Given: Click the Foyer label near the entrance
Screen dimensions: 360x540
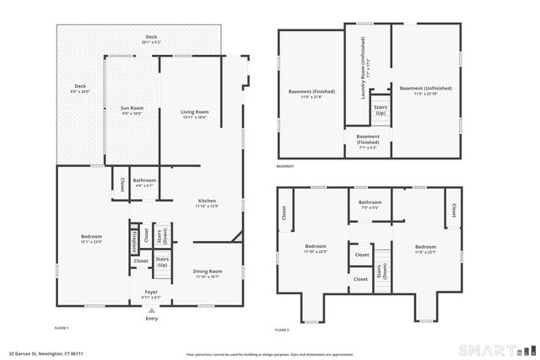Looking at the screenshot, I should point(152,294).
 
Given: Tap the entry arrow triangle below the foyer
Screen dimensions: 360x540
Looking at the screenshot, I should point(152,309).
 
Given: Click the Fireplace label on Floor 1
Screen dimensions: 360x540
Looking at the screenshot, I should point(134,239).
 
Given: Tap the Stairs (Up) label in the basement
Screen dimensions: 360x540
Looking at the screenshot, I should point(381,110).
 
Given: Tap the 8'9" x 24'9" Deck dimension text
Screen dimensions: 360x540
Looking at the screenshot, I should point(80,89).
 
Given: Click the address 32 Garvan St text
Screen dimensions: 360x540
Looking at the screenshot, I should point(46,354).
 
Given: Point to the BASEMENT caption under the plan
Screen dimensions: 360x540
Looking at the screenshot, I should point(285,166).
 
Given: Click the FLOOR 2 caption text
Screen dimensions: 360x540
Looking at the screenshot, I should point(282,330).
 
